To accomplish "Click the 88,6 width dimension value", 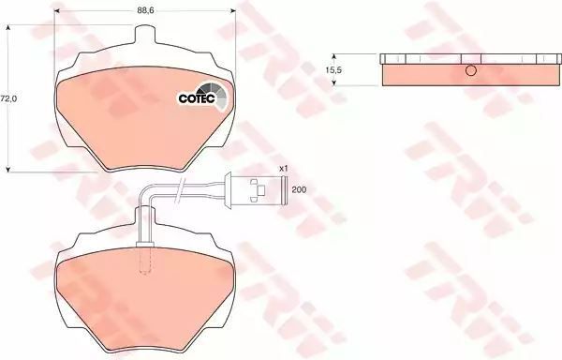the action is [x=145, y=10].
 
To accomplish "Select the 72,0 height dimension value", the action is [x=8, y=98].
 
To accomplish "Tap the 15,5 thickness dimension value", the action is [x=333, y=70].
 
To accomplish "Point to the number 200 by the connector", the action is [x=299, y=189].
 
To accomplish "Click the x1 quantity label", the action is [x=284, y=168].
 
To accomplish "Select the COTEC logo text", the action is [x=197, y=98].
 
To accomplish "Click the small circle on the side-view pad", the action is [x=471, y=70].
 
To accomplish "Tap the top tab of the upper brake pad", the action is [x=145, y=34].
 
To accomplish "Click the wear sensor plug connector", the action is [x=256, y=189].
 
